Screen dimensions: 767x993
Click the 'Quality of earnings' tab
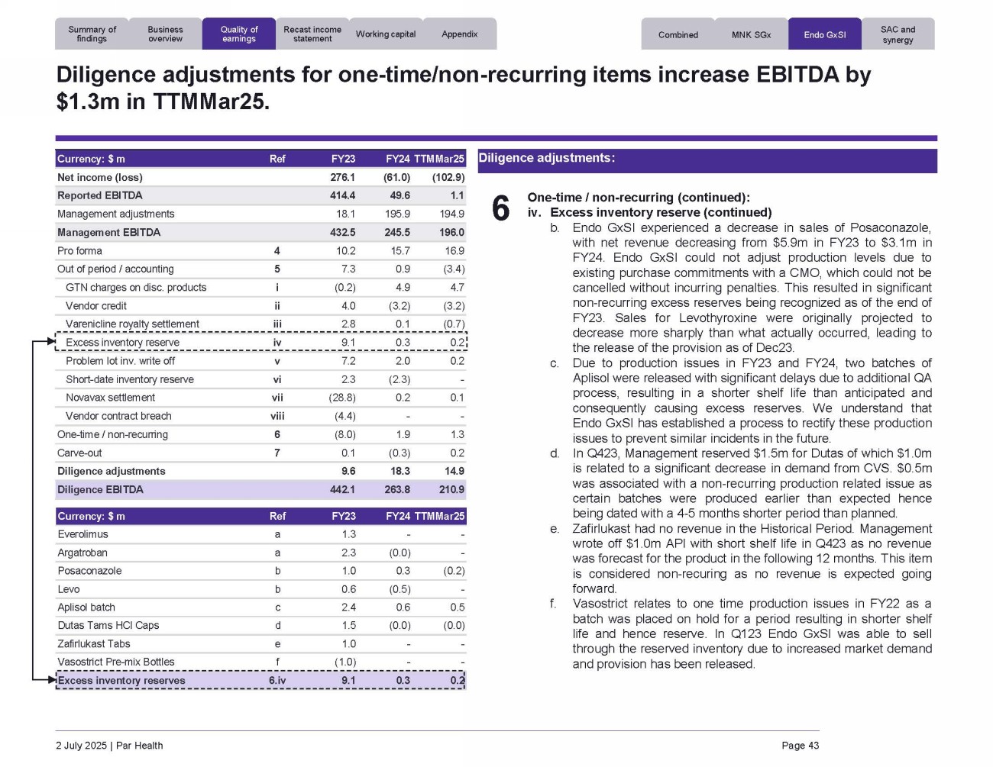(239, 34)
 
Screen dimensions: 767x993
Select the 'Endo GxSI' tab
(824, 35)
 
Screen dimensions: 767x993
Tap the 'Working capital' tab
(386, 34)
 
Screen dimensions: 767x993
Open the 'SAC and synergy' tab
(898, 35)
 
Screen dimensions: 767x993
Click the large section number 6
(500, 208)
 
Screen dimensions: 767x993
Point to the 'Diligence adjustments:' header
(546, 159)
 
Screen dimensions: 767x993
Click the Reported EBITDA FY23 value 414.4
(342, 196)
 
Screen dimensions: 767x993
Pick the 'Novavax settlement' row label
(110, 398)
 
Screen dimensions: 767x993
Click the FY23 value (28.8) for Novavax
(344, 398)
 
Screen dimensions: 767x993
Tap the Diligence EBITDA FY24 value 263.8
(397, 490)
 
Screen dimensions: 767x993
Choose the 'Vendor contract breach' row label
(118, 416)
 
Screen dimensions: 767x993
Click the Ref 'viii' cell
(277, 416)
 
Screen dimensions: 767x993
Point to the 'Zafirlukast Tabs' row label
(94, 644)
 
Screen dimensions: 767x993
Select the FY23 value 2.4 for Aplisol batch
(348, 607)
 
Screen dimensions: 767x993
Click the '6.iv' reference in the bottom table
(277, 681)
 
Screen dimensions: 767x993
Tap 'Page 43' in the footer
(800, 746)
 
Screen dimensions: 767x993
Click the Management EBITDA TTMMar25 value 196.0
(451, 233)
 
